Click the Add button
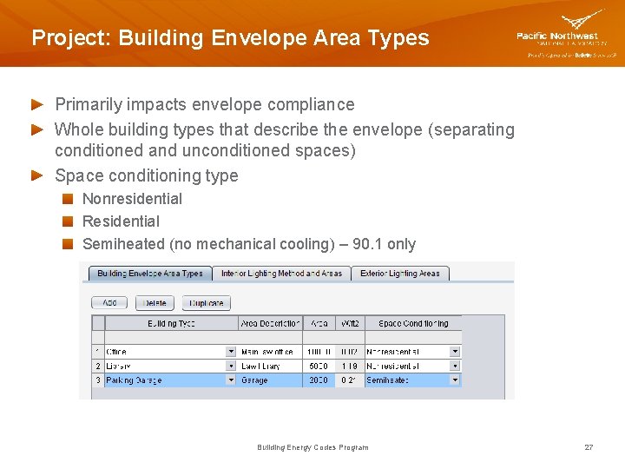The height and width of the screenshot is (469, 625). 109,303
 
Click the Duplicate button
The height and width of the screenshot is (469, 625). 206,303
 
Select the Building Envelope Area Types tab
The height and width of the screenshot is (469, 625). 149,274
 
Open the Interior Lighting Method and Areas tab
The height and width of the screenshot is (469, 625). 281,274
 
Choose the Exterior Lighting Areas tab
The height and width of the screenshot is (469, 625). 400,274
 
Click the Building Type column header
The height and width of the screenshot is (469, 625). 171,324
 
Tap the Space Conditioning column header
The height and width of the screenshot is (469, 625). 413,324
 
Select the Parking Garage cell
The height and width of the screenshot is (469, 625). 165,380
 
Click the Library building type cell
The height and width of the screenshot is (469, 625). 165,367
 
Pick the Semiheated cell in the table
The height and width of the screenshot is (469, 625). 406,380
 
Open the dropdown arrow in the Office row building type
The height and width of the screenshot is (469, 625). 231,352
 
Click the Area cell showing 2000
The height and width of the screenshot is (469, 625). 318,380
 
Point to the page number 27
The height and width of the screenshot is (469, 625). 589,447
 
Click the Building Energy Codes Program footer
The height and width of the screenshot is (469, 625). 312,447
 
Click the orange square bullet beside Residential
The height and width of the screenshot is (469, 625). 68,221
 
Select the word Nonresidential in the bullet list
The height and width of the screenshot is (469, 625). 132,199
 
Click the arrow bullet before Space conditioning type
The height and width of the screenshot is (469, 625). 37,175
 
